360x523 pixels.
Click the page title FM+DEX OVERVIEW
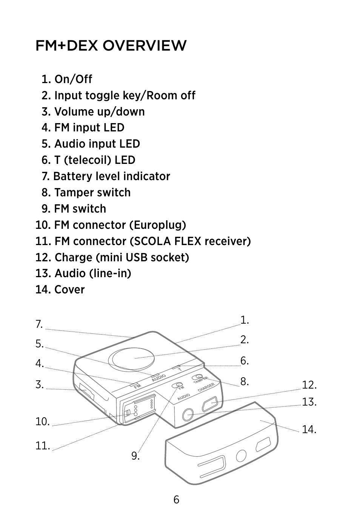[111, 45]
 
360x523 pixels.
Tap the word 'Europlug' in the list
[157, 225]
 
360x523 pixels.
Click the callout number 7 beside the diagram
[39, 324]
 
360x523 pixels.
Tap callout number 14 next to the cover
[309, 429]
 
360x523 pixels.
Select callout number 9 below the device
[135, 455]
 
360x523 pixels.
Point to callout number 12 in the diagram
[309, 385]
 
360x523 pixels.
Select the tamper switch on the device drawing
[197, 376]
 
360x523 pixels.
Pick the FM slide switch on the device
[177, 385]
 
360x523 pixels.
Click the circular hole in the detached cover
[241, 455]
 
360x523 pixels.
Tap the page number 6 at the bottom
[176, 500]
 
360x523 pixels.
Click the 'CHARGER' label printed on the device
[206, 387]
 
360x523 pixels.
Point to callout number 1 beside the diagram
[245, 320]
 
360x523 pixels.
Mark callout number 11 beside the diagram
[43, 446]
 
